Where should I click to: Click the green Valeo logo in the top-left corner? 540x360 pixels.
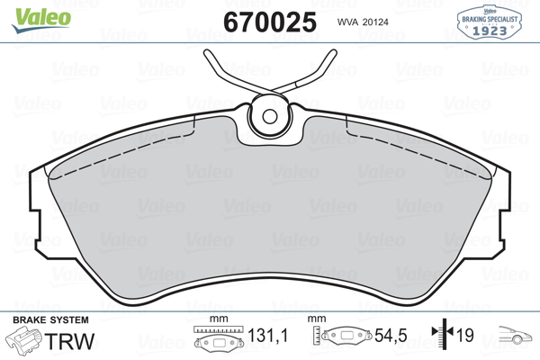click(41, 20)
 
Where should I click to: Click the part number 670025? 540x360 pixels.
click(270, 22)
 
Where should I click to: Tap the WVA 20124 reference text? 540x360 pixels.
click(363, 22)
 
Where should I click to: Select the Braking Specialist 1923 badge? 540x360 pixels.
click(489, 22)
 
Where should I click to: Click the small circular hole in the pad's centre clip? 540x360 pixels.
click(270, 116)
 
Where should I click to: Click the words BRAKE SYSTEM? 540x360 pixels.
click(50, 320)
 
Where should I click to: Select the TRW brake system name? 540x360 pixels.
click(69, 341)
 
